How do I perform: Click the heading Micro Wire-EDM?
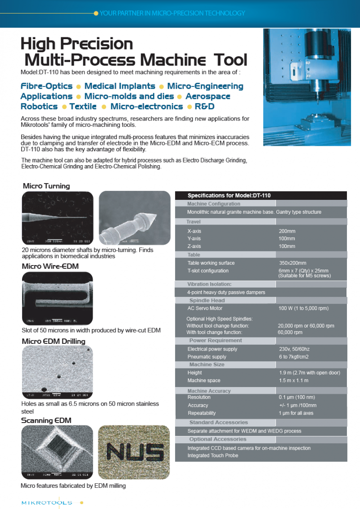pyautogui.click(x=50, y=266)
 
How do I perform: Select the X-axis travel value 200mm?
pyautogui.click(x=287, y=231)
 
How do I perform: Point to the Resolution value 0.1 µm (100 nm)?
pyautogui.click(x=297, y=397)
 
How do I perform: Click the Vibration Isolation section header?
pyautogui.click(x=209, y=284)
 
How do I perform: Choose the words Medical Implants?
pyautogui.click(x=120, y=86)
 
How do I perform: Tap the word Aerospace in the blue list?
pyautogui.click(x=207, y=96)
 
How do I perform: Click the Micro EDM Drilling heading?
pyautogui.click(x=54, y=341)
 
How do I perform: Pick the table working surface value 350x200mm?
pyautogui.click(x=292, y=263)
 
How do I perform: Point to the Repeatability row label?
pyautogui.click(x=202, y=413)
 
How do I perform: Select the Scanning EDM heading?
pyautogui.click(x=46, y=420)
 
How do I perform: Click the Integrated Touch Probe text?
pyautogui.click(x=213, y=455)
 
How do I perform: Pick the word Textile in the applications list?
pyautogui.click(x=83, y=107)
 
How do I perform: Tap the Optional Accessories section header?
pyautogui.click(x=218, y=439)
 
